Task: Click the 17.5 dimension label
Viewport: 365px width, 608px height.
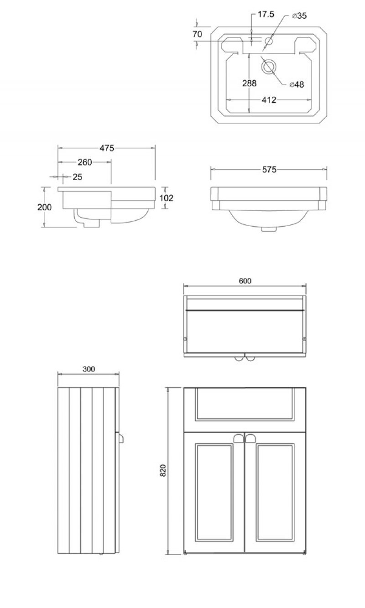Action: pyautogui.click(x=266, y=14)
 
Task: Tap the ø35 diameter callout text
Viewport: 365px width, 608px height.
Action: pyautogui.click(x=299, y=16)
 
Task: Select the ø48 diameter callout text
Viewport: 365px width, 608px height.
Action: pyautogui.click(x=297, y=84)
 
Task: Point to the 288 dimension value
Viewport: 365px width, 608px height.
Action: pyautogui.click(x=249, y=83)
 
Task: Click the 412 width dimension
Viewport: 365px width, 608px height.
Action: pyautogui.click(x=269, y=100)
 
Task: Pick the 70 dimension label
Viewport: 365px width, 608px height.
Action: pyautogui.click(x=198, y=34)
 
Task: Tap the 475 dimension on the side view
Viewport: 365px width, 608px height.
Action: pyautogui.click(x=107, y=148)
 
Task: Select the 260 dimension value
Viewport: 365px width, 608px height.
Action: pyautogui.click(x=85, y=162)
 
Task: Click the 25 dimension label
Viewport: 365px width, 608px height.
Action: pyautogui.click(x=78, y=177)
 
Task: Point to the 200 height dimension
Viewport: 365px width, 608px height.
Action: pyautogui.click(x=44, y=207)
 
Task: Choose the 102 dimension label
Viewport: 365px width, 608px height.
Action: pyautogui.click(x=166, y=198)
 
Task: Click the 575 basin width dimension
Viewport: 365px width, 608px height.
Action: pyautogui.click(x=269, y=169)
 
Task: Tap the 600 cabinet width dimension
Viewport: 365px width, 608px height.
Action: pyautogui.click(x=245, y=281)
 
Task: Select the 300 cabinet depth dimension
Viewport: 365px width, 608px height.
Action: pyautogui.click(x=89, y=369)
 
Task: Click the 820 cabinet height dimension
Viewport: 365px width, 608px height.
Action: pyautogui.click(x=163, y=470)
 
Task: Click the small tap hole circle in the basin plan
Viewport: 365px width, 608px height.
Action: pyautogui.click(x=269, y=41)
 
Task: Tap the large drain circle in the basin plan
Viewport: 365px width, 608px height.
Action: pyautogui.click(x=269, y=67)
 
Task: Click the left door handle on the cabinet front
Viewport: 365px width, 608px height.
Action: pyautogui.click(x=239, y=438)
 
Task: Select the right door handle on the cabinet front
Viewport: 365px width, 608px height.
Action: pyautogui.click(x=250, y=438)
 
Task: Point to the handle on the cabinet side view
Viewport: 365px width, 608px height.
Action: pyautogui.click(x=121, y=438)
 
